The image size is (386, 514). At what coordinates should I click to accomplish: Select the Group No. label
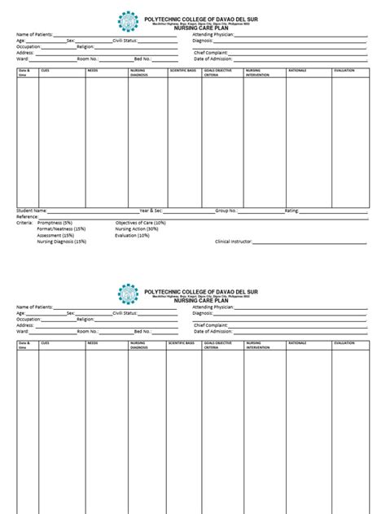226,210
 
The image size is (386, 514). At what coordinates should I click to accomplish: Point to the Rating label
292,210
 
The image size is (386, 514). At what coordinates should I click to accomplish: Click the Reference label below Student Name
28,216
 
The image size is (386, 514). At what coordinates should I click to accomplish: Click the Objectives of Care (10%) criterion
140,223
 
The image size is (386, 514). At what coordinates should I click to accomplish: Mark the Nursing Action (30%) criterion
137,229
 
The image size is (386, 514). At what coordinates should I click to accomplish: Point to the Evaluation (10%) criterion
132,236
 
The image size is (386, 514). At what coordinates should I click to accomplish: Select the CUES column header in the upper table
45,71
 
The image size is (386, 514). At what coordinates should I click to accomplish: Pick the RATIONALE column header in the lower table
297,343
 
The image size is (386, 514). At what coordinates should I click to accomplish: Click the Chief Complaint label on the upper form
211,53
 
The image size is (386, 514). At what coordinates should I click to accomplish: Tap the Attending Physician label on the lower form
213,307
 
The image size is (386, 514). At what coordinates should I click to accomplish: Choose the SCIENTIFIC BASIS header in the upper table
181,71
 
